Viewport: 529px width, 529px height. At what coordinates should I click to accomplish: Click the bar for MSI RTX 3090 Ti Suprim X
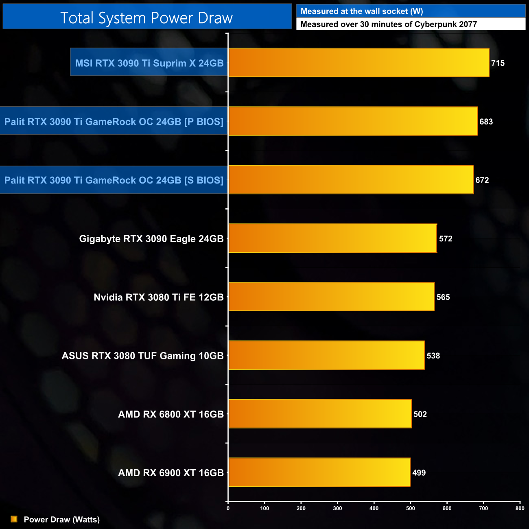pyautogui.click(x=358, y=63)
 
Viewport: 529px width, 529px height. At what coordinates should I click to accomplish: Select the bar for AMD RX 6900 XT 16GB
pyautogui.click(x=319, y=472)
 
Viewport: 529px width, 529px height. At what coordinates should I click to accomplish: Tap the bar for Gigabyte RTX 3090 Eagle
pyautogui.click(x=332, y=238)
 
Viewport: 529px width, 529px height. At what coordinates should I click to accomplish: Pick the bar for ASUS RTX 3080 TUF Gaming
pyautogui.click(x=326, y=355)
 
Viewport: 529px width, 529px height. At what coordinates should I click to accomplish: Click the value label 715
pyautogui.click(x=498, y=63)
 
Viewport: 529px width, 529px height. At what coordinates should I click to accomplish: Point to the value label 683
pyautogui.click(x=486, y=122)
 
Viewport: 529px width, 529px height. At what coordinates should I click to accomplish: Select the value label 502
pyautogui.click(x=420, y=414)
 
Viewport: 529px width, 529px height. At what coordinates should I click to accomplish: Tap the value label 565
pyautogui.click(x=443, y=297)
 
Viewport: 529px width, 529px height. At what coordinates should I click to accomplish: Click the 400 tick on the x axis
pyautogui.click(x=374, y=508)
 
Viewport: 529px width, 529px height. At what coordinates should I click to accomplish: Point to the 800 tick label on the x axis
pyautogui.click(x=520, y=508)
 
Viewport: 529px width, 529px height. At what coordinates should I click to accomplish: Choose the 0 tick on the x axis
pyautogui.click(x=228, y=508)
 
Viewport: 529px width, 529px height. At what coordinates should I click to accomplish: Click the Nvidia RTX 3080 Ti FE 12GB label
pyautogui.click(x=159, y=297)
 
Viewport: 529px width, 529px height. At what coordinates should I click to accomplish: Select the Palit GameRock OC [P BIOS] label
pyautogui.click(x=114, y=122)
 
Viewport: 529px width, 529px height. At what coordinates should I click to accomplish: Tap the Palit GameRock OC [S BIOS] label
pyautogui.click(x=114, y=180)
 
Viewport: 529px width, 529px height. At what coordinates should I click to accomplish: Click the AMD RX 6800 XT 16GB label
pyautogui.click(x=171, y=414)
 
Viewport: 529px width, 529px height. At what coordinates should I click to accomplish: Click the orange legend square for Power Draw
pyautogui.click(x=14, y=519)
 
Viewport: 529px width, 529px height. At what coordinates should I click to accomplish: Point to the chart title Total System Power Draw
pyautogui.click(x=146, y=18)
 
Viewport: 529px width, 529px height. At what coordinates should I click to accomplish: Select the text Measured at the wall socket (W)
pyautogui.click(x=362, y=11)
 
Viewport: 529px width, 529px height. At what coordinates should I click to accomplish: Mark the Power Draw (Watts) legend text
pyautogui.click(x=62, y=520)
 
